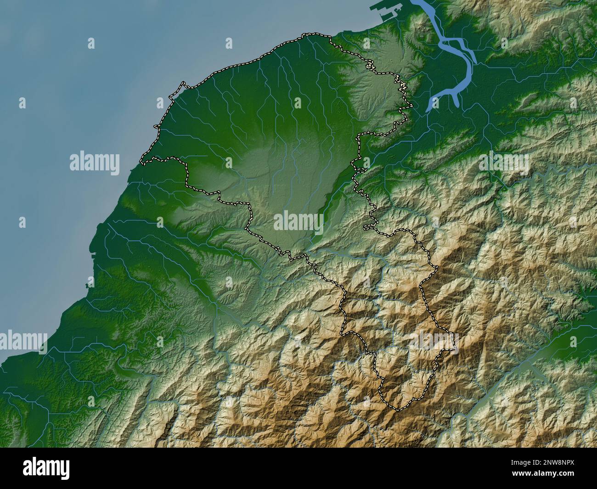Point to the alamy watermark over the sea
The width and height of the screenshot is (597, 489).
(x=95, y=163)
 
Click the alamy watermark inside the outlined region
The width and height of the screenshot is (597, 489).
(x=298, y=221)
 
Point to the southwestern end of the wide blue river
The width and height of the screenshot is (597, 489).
(x=429, y=109)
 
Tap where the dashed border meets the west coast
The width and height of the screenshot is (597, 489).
(x=142, y=163)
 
